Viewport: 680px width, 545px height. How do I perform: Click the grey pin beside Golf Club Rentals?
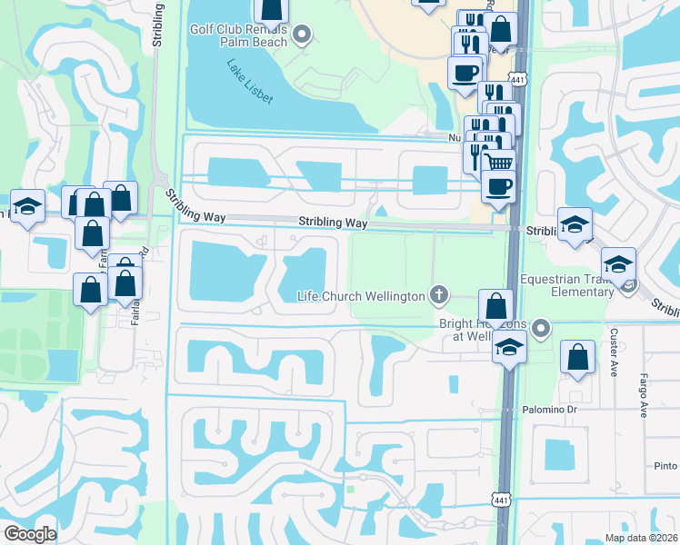tap(304, 36)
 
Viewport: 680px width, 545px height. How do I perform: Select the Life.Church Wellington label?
tap(362, 296)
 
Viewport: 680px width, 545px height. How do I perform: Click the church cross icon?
tap(439, 295)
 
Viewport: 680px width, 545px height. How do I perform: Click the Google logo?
tap(30, 534)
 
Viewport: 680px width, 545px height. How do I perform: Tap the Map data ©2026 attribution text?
tap(640, 538)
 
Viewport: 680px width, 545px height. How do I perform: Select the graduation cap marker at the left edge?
tap(27, 205)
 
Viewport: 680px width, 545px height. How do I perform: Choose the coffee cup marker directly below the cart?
tap(497, 188)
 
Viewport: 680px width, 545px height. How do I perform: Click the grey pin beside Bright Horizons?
tap(542, 327)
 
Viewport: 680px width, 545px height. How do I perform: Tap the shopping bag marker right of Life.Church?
tap(496, 305)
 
